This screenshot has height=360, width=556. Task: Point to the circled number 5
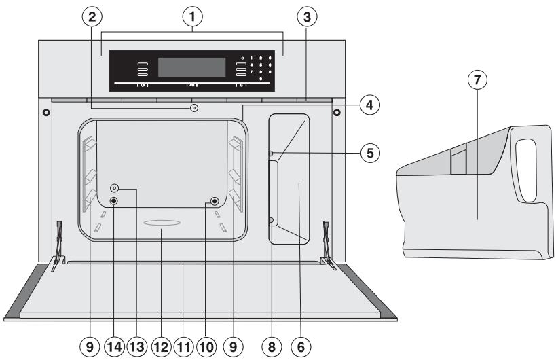[370, 152]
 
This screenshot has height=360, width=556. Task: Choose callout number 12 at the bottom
[161, 346]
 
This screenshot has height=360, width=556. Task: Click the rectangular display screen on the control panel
[191, 67]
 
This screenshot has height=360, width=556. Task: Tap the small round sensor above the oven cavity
[195, 107]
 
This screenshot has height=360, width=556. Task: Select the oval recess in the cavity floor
[161, 223]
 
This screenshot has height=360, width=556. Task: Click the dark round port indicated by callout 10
[215, 201]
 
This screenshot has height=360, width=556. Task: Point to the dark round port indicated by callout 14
[113, 201]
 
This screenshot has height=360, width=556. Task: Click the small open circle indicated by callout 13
[115, 189]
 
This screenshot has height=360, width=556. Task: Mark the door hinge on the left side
[58, 245]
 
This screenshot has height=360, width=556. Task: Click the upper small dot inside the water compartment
[271, 154]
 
